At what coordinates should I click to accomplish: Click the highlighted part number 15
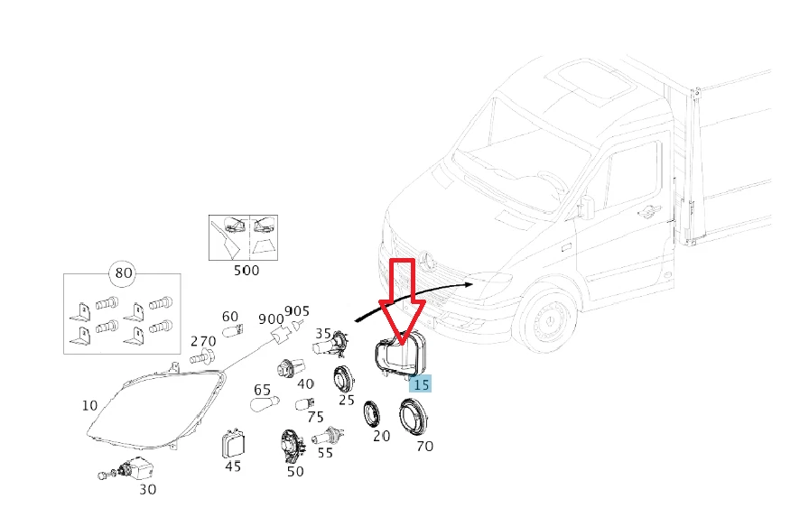point(421,383)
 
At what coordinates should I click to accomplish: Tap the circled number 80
point(122,272)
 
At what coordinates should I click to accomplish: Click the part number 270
point(203,341)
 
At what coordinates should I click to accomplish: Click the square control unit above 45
point(232,444)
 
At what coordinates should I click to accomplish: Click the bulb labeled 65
point(264,408)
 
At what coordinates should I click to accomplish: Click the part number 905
point(297,312)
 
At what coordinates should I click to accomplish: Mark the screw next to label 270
point(205,358)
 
